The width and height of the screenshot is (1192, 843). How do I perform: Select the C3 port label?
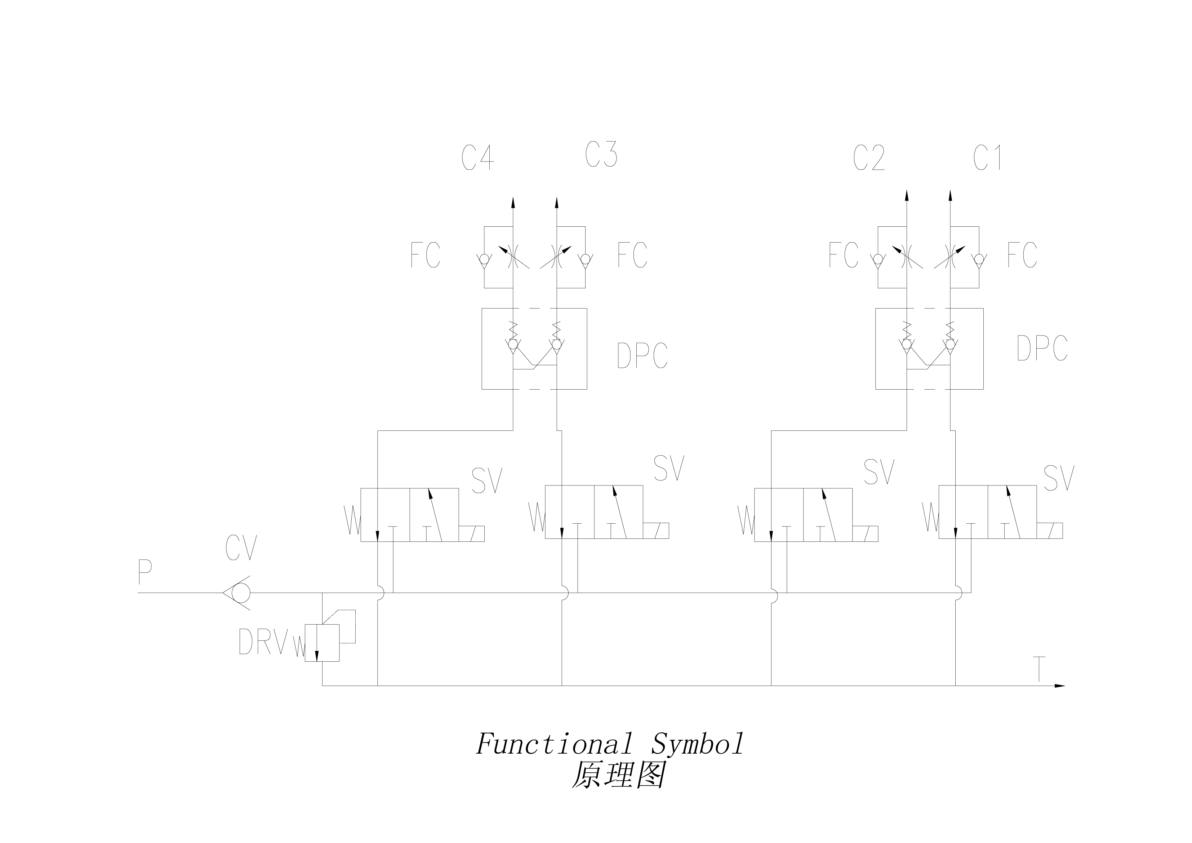tap(601, 155)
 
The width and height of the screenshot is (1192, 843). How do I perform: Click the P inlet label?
tap(145, 572)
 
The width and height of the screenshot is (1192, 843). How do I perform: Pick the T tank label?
tap(1039, 669)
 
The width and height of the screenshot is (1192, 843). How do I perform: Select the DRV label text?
tap(263, 642)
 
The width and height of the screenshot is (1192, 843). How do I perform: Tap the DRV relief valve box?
tap(322, 643)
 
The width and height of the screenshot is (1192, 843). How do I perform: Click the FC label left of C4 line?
tap(425, 255)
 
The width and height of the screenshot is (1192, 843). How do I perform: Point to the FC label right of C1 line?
tap(1022, 255)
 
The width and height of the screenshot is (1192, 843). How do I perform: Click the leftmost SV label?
tap(486, 481)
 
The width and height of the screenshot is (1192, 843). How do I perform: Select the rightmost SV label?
tap(1059, 478)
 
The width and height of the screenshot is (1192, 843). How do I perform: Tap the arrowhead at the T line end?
tap(1059, 686)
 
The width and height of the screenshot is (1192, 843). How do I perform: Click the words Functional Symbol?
tap(610, 744)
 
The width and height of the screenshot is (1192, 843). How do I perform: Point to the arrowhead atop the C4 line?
tap(513, 203)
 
